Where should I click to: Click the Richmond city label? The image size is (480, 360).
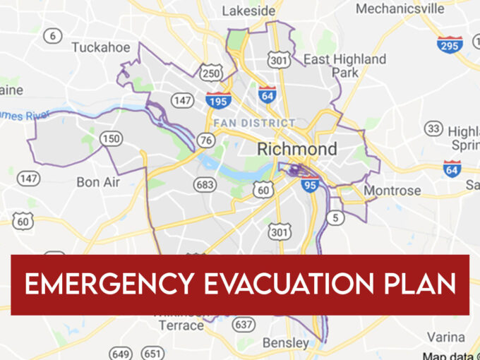(296, 149)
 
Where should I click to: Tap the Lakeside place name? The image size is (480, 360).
(248, 11)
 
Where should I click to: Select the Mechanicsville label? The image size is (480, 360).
(400, 8)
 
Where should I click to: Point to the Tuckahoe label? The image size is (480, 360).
(101, 47)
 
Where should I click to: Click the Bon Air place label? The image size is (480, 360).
(98, 182)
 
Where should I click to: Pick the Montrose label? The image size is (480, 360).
(392, 191)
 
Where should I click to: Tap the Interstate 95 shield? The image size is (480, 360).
(311, 185)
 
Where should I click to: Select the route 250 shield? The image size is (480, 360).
(211, 73)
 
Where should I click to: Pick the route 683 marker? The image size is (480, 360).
(205, 185)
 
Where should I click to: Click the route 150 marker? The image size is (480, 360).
(110, 138)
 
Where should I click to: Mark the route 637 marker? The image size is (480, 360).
(244, 324)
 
